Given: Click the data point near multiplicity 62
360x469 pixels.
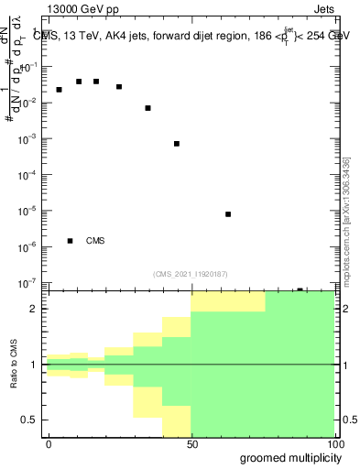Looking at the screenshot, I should (x=228, y=214).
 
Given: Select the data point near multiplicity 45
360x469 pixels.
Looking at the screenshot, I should (x=177, y=144).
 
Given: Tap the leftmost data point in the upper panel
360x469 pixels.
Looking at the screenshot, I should (x=60, y=90).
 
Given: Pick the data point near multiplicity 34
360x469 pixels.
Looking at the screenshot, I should (x=147, y=108).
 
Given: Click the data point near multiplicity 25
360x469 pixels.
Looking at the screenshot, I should (x=119, y=87).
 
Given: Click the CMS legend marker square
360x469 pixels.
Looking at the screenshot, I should (x=71, y=241).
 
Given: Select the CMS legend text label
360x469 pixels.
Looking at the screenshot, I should (x=95, y=241).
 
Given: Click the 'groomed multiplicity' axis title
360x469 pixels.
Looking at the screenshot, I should (x=287, y=457).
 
